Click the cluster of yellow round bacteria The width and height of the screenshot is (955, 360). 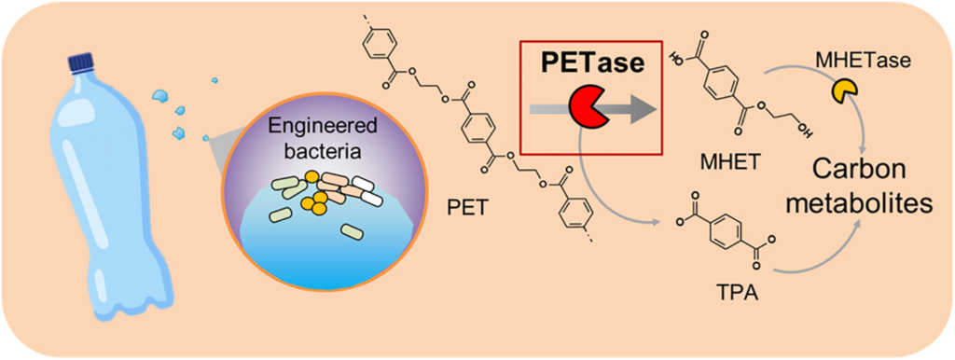pyautogui.click(x=313, y=195)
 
